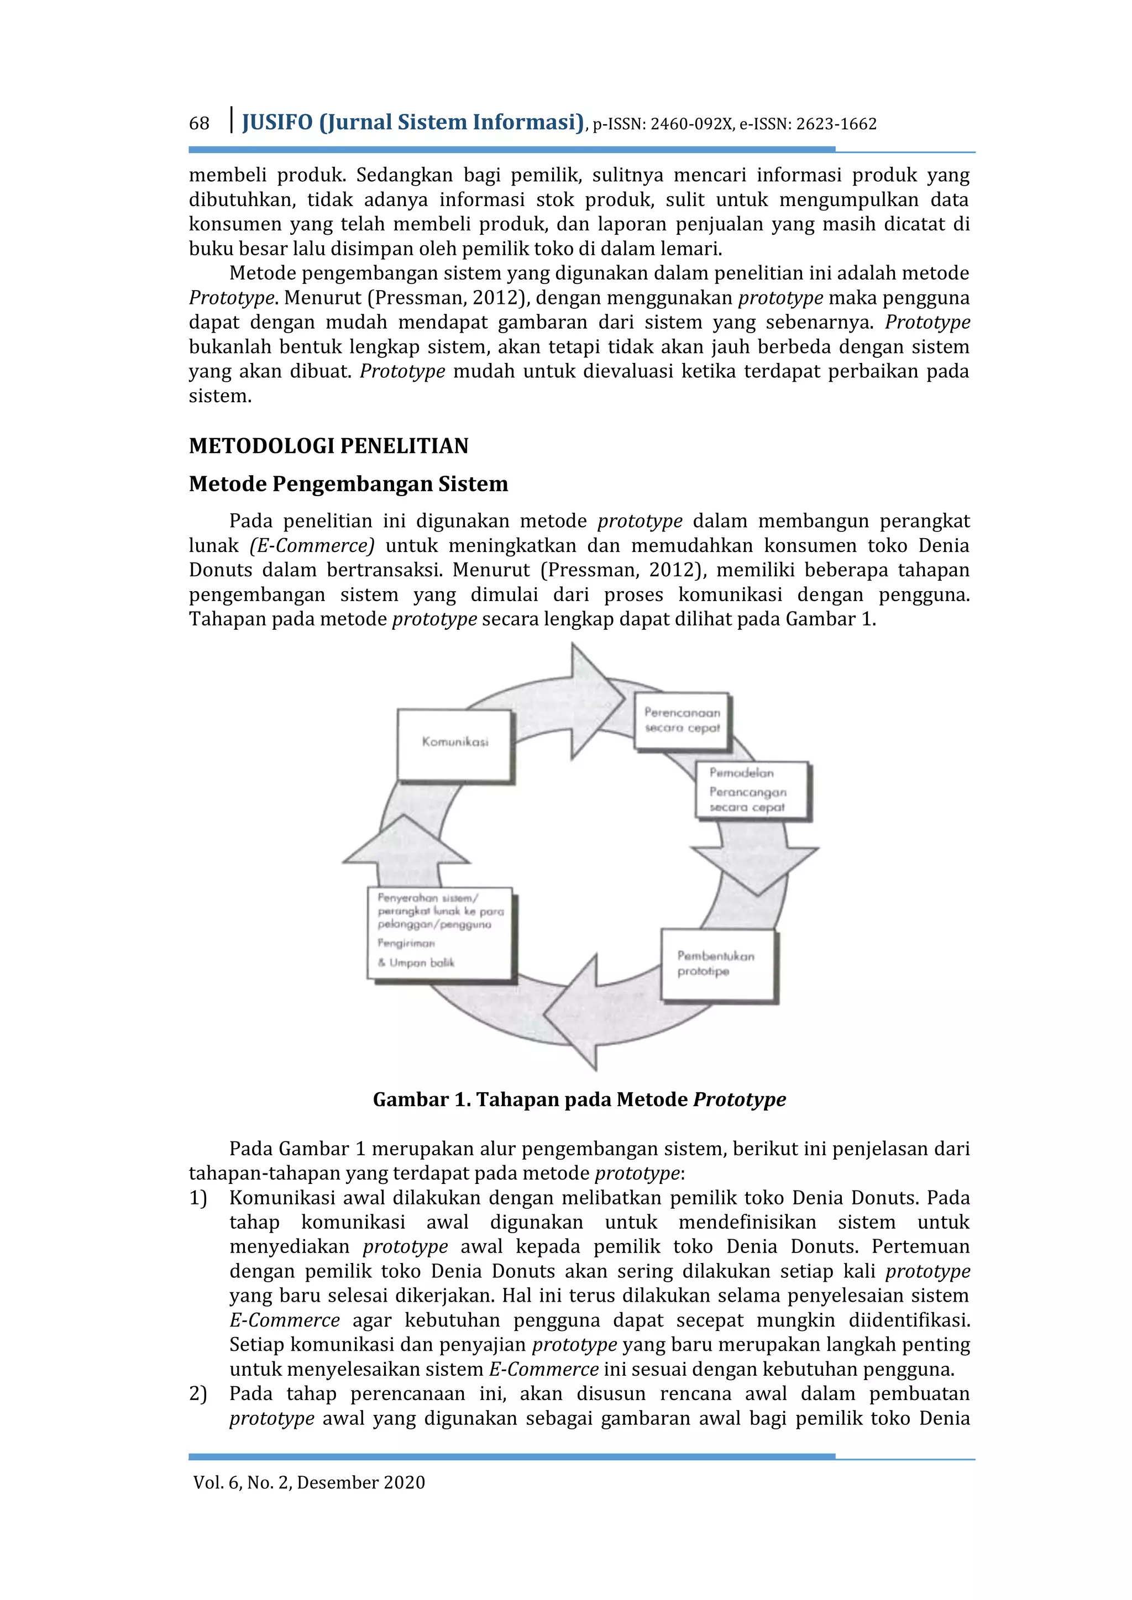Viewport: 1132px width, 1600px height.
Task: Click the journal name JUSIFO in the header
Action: coord(277,123)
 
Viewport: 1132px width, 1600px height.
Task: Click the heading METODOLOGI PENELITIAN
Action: coord(328,446)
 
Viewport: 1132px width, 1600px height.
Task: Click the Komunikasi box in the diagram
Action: coord(454,744)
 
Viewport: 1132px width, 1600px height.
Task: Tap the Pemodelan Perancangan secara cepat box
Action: coord(751,790)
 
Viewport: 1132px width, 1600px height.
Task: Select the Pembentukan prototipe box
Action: coord(718,965)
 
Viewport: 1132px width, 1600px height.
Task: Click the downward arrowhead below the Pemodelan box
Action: coord(756,869)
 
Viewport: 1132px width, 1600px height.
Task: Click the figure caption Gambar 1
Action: coord(579,1099)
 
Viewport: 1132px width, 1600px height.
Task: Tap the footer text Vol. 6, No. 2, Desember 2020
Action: coord(309,1482)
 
